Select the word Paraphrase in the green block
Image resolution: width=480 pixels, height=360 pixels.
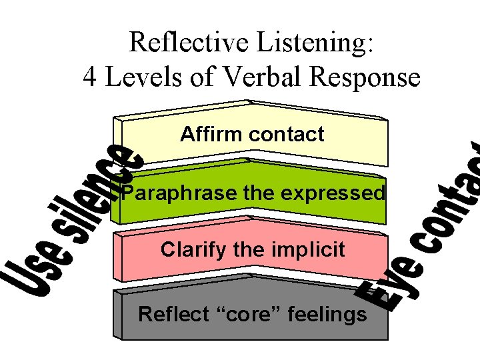coord(171,193)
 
